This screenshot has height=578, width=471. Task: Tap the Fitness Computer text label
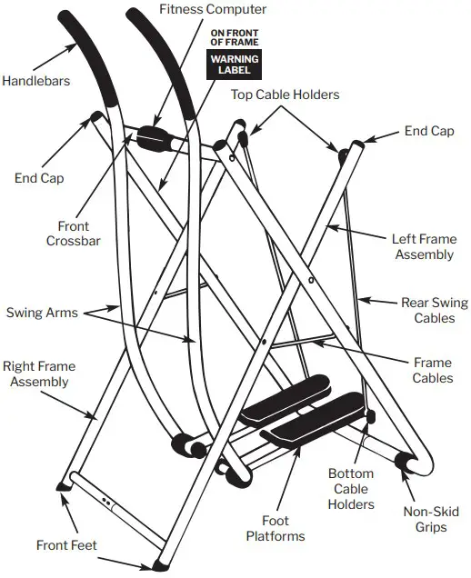click(x=213, y=10)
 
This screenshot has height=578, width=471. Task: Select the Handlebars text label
click(x=36, y=81)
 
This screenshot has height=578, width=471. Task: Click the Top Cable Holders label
click(x=284, y=94)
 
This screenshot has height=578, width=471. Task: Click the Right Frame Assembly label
click(x=39, y=374)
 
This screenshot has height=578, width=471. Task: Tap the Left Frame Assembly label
click(x=423, y=246)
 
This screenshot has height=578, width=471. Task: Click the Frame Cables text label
click(x=432, y=370)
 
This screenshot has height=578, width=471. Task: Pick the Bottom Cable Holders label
click(x=350, y=490)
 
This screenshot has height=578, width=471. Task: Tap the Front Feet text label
click(x=66, y=546)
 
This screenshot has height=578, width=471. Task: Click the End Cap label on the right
click(x=429, y=132)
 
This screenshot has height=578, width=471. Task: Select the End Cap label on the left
click(x=39, y=178)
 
